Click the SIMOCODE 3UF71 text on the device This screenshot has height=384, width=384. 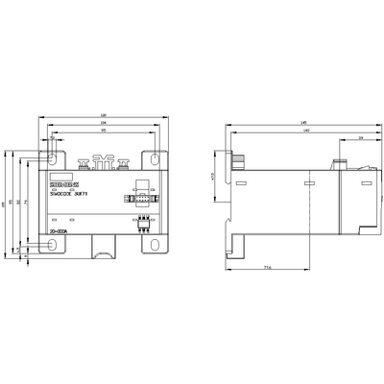(69, 195)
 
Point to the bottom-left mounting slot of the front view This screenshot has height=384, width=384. (54, 246)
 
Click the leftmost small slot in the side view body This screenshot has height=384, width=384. (241, 183)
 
